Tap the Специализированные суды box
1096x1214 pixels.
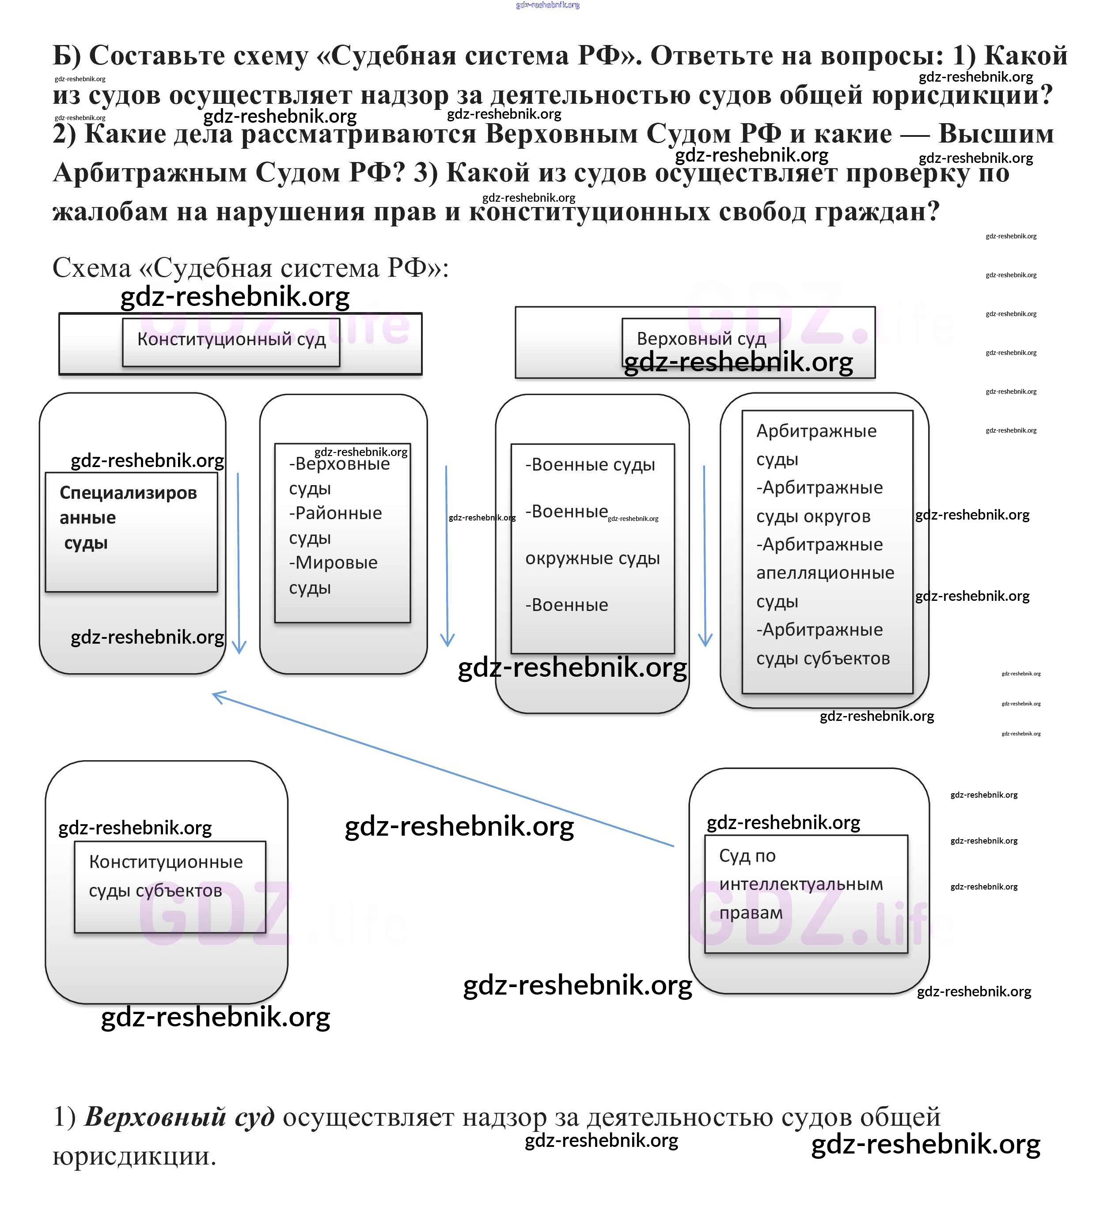(131, 531)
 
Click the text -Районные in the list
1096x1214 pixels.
(335, 513)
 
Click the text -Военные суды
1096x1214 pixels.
(590, 465)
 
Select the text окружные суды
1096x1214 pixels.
(592, 558)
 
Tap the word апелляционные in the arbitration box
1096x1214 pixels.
(825, 573)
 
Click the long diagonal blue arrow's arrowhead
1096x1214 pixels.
(217, 696)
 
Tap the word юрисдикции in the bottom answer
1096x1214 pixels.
(134, 1156)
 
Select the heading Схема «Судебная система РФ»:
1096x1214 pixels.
(250, 268)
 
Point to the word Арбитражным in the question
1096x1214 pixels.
(150, 173)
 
